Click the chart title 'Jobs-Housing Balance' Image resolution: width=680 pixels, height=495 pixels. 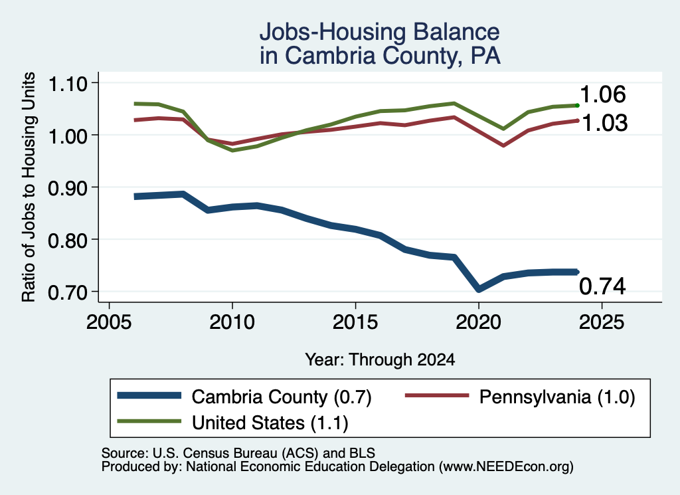tap(379, 32)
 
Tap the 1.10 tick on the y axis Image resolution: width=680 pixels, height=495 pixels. tap(68, 84)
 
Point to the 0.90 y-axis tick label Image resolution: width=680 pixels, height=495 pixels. tap(68, 188)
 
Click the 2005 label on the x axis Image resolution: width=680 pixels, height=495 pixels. tap(109, 322)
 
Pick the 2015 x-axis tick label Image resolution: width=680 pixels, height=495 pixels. tap(355, 322)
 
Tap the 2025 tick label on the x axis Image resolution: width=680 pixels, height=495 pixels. tap(602, 322)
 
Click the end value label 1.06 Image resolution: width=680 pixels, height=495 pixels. tap(603, 94)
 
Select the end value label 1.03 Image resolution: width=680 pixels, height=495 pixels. tap(604, 123)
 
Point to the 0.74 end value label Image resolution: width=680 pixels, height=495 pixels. tap(602, 286)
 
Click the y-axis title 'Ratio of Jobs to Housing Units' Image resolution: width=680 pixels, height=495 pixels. tap(29, 187)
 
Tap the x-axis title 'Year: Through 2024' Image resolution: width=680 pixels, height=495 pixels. tap(380, 359)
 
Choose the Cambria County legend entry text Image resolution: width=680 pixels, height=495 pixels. tap(282, 397)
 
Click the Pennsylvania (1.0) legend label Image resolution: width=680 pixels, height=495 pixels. tap(557, 397)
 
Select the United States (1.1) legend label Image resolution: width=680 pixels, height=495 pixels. tap(270, 423)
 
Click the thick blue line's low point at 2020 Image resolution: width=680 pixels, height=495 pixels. tap(478, 289)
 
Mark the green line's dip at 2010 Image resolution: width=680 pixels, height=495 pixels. tap(232, 150)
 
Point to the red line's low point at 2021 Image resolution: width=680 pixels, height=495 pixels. tap(503, 146)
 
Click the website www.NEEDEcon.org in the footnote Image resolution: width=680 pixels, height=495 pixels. tap(506, 467)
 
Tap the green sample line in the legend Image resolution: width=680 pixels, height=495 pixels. tap(149, 421)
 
